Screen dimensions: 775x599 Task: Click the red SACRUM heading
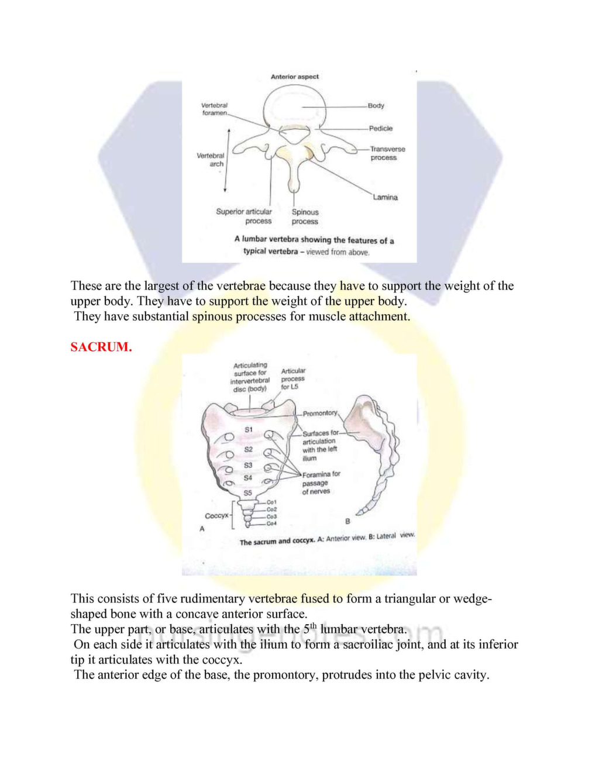101,347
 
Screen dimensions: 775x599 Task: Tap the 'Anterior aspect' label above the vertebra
295,77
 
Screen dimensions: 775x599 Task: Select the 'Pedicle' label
381,128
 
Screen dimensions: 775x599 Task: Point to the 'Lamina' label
385,197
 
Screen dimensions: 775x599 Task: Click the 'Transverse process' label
387,153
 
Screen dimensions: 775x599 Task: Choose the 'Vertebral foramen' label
215,109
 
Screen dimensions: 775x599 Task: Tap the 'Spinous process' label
305,216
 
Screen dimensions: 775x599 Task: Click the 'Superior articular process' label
244,216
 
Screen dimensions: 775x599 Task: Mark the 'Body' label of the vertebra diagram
376,106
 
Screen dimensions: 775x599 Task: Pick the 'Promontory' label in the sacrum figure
320,414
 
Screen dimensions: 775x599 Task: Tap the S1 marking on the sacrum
249,430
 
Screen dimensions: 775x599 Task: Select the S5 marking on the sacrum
248,493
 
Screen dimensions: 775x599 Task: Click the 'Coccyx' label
216,516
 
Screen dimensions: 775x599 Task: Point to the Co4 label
271,523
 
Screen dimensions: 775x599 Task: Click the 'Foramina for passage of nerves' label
321,483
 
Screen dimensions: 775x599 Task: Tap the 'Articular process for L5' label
293,378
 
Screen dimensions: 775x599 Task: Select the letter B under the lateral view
347,521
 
